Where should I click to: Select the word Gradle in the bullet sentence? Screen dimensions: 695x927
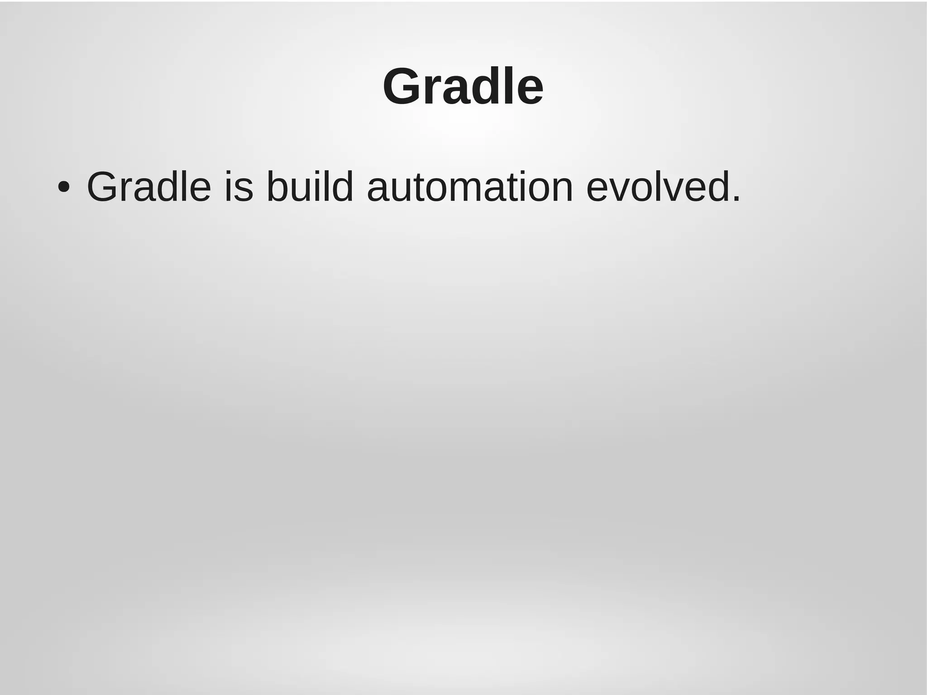pos(149,187)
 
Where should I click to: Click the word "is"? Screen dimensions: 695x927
pos(239,187)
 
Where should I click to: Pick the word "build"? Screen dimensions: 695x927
pos(310,187)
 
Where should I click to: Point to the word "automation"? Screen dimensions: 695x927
pos(470,187)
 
